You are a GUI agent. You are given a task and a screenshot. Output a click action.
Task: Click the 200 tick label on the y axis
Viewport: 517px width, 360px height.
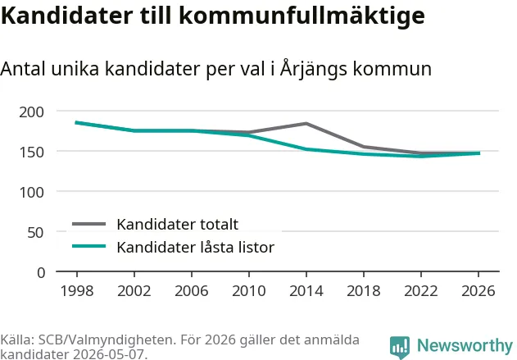[31, 112]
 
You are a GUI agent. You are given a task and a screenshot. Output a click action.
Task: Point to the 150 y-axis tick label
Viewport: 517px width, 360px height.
[31, 153]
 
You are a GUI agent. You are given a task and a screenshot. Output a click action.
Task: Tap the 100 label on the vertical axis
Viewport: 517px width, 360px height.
[31, 193]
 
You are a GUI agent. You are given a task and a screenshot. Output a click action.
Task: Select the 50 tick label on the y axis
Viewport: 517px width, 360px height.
[35, 233]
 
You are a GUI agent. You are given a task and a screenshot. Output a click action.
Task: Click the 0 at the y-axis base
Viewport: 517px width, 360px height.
[41, 273]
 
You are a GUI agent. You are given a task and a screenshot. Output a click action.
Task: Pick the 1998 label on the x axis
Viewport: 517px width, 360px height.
[77, 291]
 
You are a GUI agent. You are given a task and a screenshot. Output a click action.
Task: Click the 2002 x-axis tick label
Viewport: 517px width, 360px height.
[134, 291]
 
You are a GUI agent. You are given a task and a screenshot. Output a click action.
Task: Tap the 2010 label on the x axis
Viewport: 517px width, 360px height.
[249, 291]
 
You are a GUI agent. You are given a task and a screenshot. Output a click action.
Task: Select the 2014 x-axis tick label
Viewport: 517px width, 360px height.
[306, 291]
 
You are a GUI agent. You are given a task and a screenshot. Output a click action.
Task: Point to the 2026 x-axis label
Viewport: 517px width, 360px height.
[478, 291]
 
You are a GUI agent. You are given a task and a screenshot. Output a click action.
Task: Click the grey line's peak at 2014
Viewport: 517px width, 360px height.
[306, 123]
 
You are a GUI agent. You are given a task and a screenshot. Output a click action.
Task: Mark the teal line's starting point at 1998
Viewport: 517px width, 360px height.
[76, 123]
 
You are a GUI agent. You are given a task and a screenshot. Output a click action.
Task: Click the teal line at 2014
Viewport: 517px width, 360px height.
[306, 149]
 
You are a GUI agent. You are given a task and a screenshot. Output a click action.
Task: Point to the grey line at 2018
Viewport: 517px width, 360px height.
[364, 147]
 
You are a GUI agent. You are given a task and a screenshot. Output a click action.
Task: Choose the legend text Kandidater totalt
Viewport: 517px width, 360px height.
[178, 225]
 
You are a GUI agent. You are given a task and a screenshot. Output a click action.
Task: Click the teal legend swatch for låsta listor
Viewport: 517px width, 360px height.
[89, 246]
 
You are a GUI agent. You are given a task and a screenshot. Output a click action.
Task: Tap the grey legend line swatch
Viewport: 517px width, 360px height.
[89, 224]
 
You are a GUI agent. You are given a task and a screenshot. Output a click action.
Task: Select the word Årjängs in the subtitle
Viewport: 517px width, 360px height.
[314, 69]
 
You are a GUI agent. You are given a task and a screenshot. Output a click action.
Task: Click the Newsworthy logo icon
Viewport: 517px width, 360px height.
[400, 347]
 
